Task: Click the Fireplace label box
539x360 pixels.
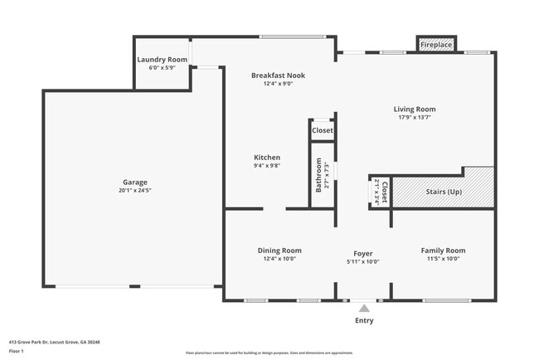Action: coord(436,45)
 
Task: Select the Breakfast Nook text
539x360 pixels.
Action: coord(278,75)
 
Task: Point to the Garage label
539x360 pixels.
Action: coord(135,182)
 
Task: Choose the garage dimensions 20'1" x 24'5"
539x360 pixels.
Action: coord(135,190)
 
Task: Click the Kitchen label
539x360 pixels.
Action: coord(267,157)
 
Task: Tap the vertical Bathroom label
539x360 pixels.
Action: coord(318,175)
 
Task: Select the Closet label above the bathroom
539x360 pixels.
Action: coord(323,130)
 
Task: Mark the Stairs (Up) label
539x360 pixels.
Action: coord(444,192)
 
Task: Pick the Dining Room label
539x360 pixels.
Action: coord(279,251)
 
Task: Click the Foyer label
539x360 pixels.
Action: coord(363,253)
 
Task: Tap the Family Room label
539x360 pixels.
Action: coord(443,251)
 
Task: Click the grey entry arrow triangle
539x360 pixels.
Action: coord(363,308)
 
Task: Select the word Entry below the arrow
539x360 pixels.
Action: coord(364,320)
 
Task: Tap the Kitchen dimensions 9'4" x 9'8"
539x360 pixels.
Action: coord(267,165)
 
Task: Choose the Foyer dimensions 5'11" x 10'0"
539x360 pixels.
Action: coord(363,261)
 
